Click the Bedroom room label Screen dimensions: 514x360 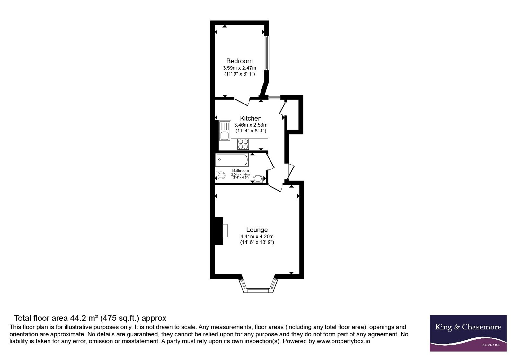point(239,61)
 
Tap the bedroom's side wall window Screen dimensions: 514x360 point(266,53)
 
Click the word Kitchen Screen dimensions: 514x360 point(251,118)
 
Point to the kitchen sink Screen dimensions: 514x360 point(225,130)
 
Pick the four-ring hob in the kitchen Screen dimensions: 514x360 point(243,144)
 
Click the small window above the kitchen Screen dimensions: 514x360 point(274,98)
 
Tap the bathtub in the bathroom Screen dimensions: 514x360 point(232,159)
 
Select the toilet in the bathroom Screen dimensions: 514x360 point(220,175)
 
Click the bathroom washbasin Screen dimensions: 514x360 point(258,179)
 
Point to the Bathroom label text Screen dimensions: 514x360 point(240,171)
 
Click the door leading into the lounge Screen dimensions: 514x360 point(275,188)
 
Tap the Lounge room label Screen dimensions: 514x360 point(257,230)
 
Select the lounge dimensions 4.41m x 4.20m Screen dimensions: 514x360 point(257,236)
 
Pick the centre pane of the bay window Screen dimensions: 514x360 point(258,291)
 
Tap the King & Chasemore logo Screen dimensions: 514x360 point(468,333)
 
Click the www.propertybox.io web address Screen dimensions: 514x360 point(343,341)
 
